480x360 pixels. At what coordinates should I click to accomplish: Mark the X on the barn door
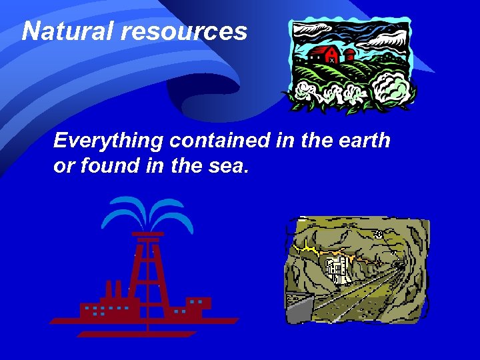[x=331, y=60]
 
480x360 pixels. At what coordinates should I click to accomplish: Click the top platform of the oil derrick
[x=147, y=234]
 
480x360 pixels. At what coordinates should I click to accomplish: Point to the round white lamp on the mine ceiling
[x=379, y=234]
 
